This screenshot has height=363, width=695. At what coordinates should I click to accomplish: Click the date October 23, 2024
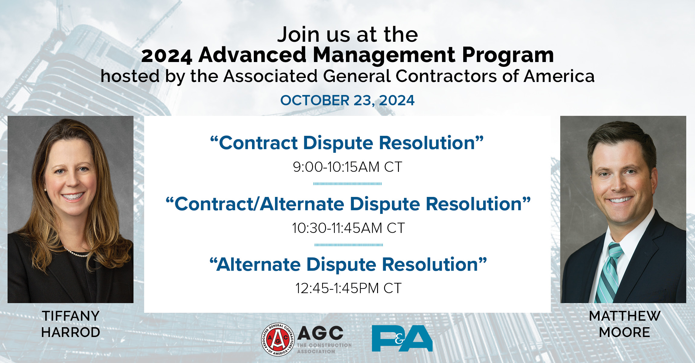click(347, 100)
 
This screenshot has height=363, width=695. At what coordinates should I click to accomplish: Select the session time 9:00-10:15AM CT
click(347, 167)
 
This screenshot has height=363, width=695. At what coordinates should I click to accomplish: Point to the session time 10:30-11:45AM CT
click(348, 228)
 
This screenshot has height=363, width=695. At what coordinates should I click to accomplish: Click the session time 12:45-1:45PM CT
click(348, 288)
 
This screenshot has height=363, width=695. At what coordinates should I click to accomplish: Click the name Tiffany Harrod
click(70, 324)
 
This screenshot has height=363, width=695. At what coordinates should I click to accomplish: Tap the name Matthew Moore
click(624, 324)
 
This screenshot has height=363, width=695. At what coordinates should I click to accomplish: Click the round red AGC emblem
click(277, 339)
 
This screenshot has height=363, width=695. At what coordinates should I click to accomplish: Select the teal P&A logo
click(402, 338)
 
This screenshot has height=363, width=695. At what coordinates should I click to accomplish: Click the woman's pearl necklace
click(77, 253)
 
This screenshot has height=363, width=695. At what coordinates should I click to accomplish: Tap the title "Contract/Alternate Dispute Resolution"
click(348, 204)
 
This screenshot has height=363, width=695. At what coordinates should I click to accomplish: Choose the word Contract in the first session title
click(258, 143)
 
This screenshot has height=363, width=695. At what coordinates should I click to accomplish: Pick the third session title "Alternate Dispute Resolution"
click(348, 264)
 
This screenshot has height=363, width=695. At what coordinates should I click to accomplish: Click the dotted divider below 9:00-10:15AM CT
click(347, 184)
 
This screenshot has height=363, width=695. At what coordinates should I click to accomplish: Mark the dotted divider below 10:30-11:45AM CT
click(349, 245)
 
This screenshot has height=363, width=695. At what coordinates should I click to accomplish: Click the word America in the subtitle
click(559, 76)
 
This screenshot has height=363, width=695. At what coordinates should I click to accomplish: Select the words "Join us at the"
click(347, 34)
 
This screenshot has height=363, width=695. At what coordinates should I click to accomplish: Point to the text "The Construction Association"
click(324, 348)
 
